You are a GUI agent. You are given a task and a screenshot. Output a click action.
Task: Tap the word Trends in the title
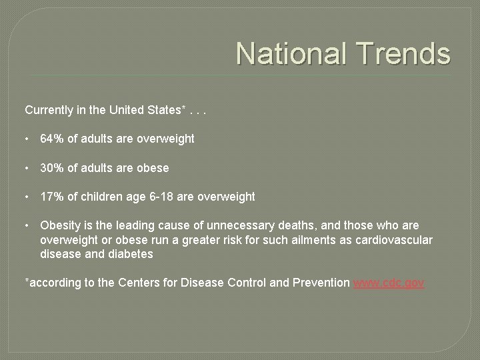400,53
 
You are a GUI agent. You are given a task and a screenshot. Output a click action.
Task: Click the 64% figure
53,139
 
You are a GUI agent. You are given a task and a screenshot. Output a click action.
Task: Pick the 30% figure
53,168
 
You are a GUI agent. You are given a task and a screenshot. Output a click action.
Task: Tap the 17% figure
53,197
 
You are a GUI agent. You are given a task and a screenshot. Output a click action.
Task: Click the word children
100,197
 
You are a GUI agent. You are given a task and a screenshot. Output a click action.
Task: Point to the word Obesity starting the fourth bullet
61,226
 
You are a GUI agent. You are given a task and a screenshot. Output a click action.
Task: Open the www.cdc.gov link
389,283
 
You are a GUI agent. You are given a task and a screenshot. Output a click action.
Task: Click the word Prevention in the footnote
321,283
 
